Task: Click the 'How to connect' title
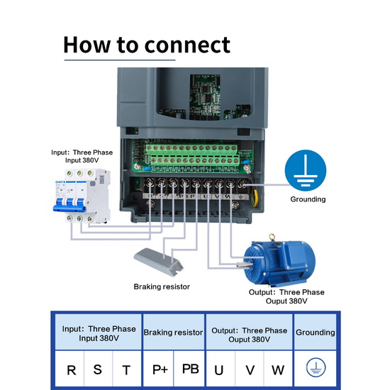(x=147, y=45)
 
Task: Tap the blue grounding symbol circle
(x=306, y=170)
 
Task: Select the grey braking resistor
(x=159, y=262)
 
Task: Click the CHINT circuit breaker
(x=82, y=196)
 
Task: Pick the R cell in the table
(x=72, y=370)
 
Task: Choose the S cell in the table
(x=98, y=369)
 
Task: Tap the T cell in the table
(x=126, y=370)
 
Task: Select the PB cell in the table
(x=190, y=369)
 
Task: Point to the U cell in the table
(x=219, y=370)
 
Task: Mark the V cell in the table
(x=250, y=370)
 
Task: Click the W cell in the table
(x=278, y=370)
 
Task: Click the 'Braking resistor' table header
(x=173, y=333)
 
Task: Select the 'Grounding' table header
(x=315, y=333)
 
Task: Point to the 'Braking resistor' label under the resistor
(x=162, y=286)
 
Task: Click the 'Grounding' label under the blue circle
(x=308, y=199)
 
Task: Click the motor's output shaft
(x=243, y=265)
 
